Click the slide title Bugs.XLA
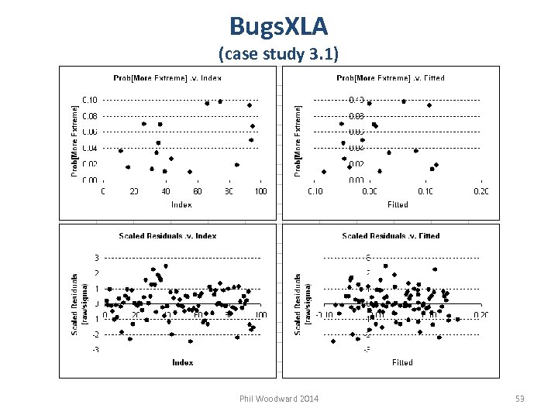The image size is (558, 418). click(278, 26)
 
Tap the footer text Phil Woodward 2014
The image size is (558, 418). click(279, 399)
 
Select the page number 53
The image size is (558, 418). click(520, 399)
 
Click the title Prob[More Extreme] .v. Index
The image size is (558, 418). click(167, 77)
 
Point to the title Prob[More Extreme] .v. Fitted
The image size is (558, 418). click(390, 77)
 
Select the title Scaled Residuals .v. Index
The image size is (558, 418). click(167, 235)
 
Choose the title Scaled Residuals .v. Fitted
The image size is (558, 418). click(391, 235)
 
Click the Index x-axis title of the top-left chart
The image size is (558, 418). click(181, 204)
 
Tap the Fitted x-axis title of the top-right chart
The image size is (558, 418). click(398, 204)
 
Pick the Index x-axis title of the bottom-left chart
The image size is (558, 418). click(182, 362)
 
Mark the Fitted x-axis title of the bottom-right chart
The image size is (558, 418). click(402, 362)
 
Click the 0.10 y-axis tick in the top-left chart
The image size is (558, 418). click(90, 100)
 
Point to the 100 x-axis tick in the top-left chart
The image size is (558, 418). click(260, 191)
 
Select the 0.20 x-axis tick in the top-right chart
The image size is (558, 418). click(481, 191)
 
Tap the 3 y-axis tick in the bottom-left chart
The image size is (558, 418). click(95, 258)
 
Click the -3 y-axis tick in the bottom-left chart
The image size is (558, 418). click(95, 350)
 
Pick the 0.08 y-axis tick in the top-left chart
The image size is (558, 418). click(90, 116)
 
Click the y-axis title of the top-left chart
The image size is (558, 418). click(75, 140)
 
